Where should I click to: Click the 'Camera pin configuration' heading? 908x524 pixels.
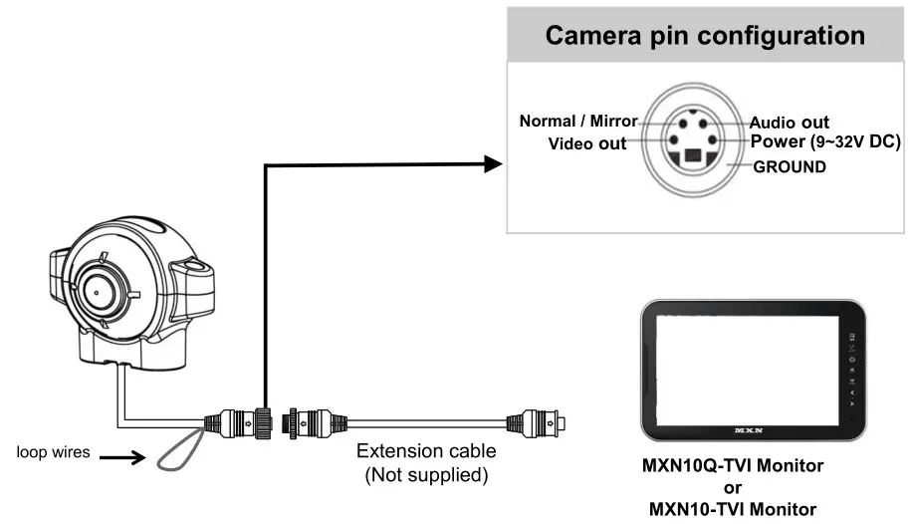[x=704, y=36]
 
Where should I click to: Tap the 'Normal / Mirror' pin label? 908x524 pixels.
[x=578, y=122]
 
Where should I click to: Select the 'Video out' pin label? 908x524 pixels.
[x=588, y=143]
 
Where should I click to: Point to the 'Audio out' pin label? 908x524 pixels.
[x=789, y=123]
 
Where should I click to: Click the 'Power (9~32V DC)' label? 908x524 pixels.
[x=825, y=142]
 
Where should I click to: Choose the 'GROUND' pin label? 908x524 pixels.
[x=790, y=166]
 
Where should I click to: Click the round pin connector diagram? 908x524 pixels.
[x=689, y=140]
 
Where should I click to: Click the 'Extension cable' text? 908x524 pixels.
[x=426, y=451]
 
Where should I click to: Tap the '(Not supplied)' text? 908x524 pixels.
[x=426, y=474]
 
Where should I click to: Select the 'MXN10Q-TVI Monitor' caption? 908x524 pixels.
[x=732, y=465]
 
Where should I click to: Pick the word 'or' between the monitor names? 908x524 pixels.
[x=732, y=487]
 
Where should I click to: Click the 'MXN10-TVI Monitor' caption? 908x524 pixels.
[x=732, y=509]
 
